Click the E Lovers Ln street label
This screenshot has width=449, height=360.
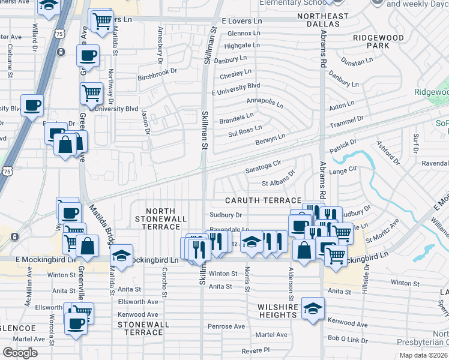tap(241, 20)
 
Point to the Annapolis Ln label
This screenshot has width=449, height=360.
tap(265, 101)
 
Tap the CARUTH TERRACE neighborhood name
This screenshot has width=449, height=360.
tap(263, 200)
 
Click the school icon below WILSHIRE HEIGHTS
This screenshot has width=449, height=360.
tap(313, 308)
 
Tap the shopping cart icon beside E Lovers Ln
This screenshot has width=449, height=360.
tap(102, 21)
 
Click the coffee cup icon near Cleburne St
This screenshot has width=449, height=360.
tap(32, 106)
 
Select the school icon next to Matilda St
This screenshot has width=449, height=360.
tap(122, 257)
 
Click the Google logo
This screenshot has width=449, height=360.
tap(20, 353)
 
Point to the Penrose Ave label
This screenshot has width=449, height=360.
tap(226, 326)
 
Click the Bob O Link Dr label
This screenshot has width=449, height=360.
tap(348, 338)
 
